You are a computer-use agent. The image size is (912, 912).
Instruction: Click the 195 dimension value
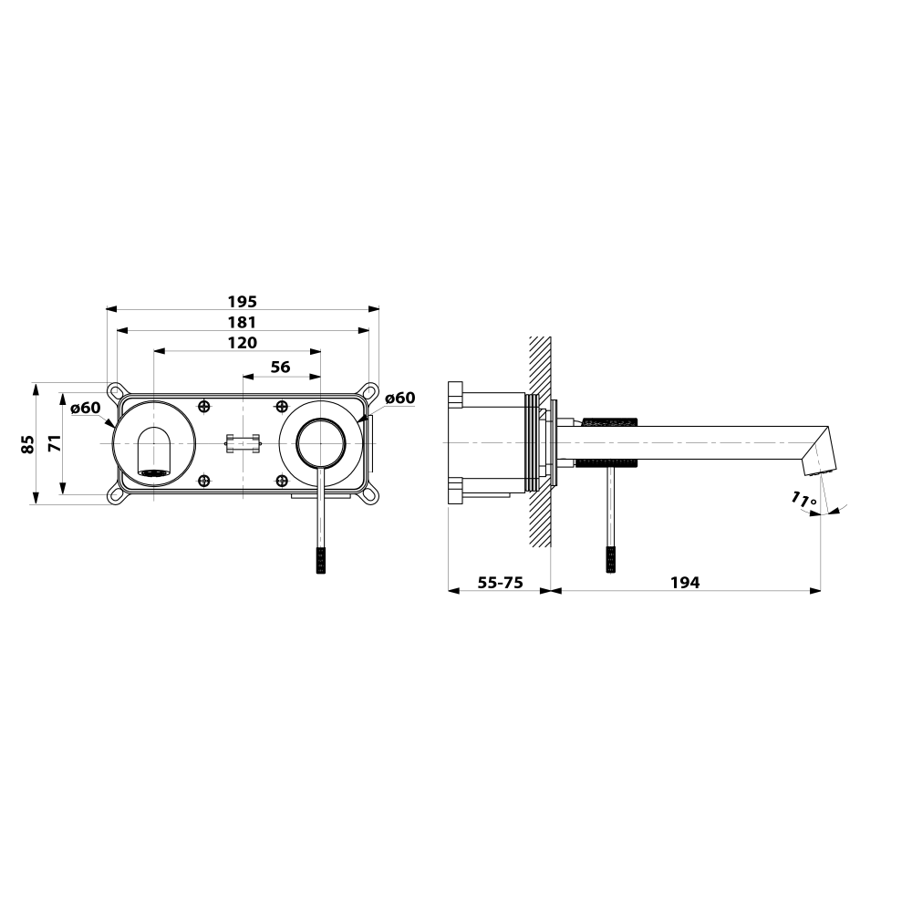242,302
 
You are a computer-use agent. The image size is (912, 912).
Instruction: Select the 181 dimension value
242,322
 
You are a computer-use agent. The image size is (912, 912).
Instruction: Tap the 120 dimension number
242,343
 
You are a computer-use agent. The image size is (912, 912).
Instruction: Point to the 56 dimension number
280,367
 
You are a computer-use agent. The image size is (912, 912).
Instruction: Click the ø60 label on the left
86,408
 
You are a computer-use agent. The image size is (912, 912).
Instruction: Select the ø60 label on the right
400,398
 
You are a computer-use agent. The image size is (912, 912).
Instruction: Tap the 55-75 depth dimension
500,582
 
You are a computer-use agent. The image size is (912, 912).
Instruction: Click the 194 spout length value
685,582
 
